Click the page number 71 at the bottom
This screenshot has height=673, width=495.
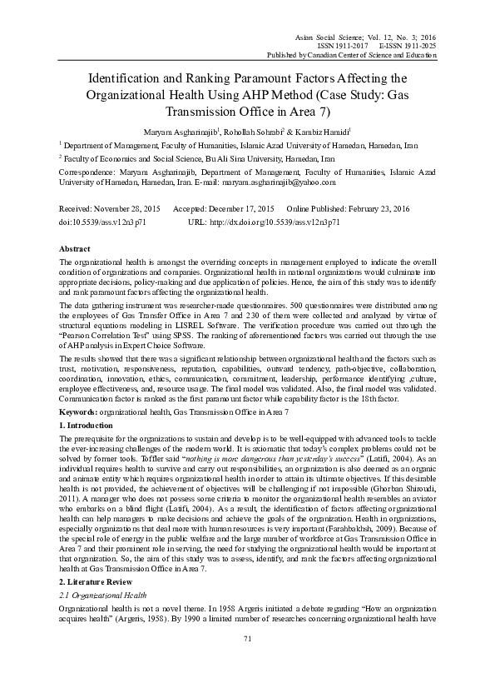[247, 661]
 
